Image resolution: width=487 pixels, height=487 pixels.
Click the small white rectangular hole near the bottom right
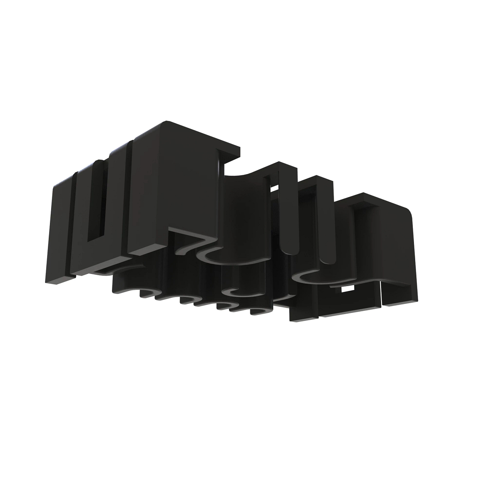(x=347, y=289)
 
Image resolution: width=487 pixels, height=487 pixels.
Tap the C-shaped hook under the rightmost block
(x=304, y=278)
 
